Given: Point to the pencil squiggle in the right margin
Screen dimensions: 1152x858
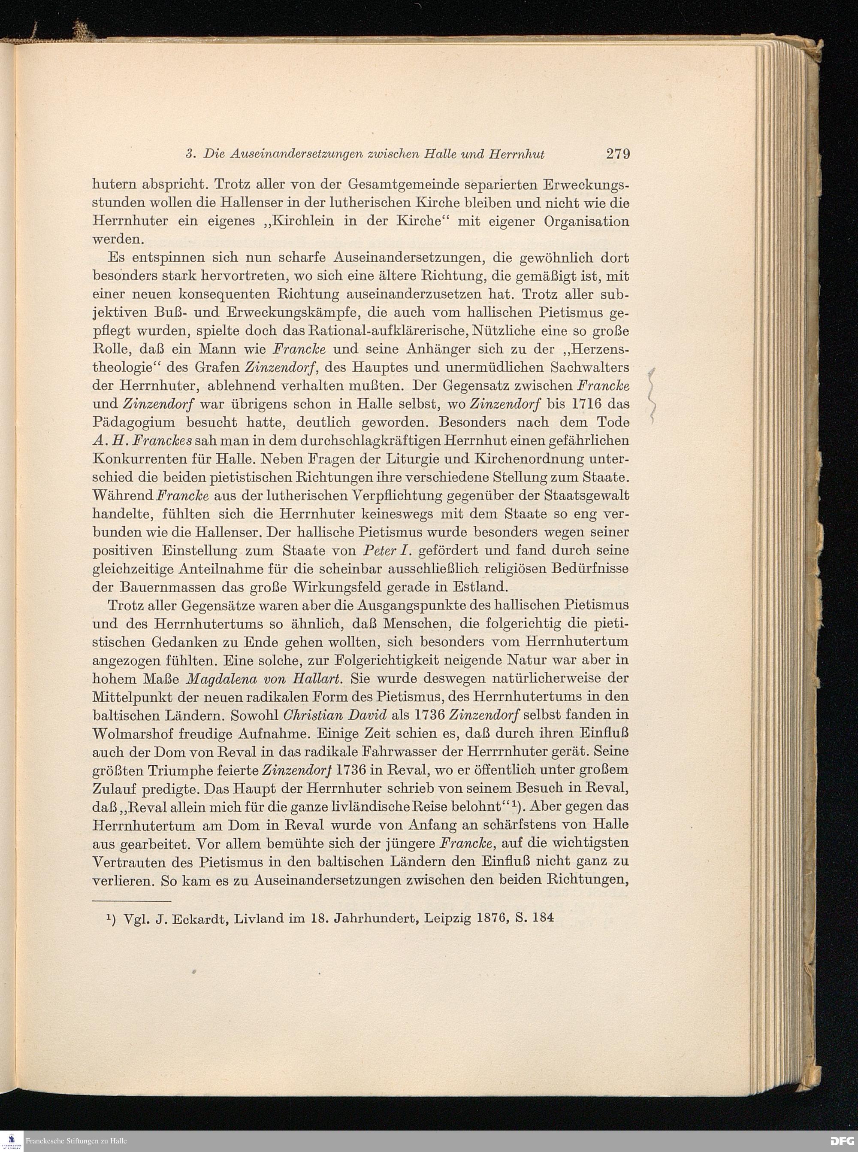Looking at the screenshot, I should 653,395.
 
